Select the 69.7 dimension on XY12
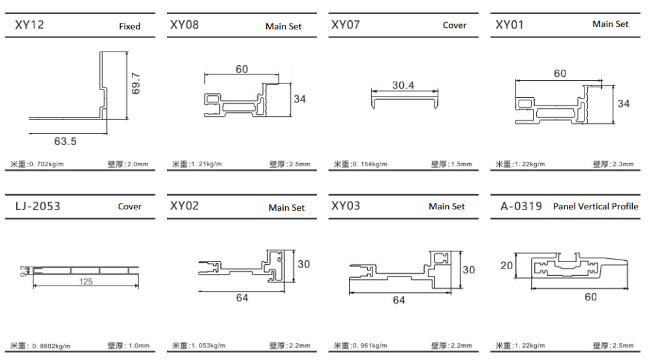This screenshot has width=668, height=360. pos(136,83)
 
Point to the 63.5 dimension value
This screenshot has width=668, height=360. pos(65,140)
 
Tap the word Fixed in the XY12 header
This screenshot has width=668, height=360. pos(129,27)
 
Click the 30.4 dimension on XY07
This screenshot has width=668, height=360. pos(403,85)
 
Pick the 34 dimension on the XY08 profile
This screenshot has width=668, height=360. pos(299,99)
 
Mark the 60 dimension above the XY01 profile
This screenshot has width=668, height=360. pos(560,74)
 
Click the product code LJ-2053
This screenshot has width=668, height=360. pos(37,206)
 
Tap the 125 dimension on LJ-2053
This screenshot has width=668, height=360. pos(85,281)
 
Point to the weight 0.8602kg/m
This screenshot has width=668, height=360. pos(50,346)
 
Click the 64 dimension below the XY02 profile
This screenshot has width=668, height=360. pos(242,297)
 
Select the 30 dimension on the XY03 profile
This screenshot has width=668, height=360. pos(468,269)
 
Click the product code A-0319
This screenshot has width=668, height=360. pos(521,206)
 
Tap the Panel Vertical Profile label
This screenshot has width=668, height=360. pos(596,206)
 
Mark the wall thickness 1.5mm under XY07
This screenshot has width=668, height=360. pos(459,164)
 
